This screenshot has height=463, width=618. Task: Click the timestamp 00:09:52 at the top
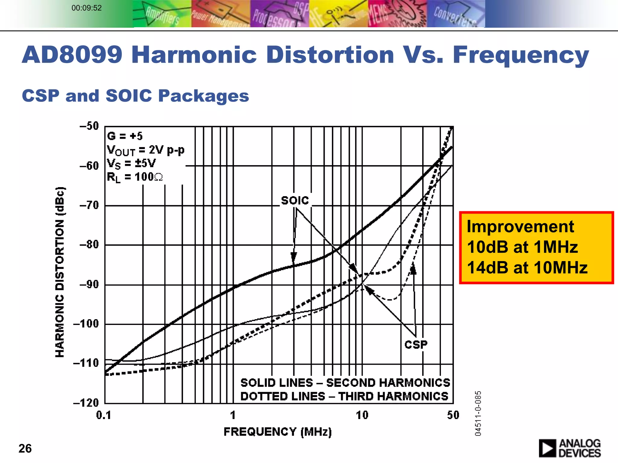click(x=87, y=8)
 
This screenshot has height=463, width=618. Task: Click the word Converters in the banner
click(x=455, y=17)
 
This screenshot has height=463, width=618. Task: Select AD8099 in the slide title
click(x=72, y=55)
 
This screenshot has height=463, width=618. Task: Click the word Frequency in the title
click(x=521, y=55)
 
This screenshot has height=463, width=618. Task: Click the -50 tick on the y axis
click(x=89, y=126)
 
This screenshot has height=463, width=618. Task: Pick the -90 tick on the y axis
click(x=89, y=285)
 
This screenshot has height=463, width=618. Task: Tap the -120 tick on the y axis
click(x=86, y=403)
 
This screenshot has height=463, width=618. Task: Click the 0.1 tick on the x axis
click(x=104, y=415)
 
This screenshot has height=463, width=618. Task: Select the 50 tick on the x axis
click(x=453, y=415)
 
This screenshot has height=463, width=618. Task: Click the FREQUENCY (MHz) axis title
click(x=278, y=432)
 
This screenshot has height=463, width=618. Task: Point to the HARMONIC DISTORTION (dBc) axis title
click(x=60, y=272)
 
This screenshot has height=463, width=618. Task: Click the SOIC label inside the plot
click(x=295, y=200)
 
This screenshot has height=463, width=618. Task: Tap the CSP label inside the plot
click(x=416, y=345)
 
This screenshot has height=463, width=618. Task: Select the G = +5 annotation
click(x=125, y=136)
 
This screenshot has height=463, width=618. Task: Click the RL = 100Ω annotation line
click(x=135, y=177)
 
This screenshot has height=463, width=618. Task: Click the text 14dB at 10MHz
click(x=527, y=267)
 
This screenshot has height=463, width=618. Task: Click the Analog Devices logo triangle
click(x=546, y=448)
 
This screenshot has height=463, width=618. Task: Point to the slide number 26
click(x=25, y=449)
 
